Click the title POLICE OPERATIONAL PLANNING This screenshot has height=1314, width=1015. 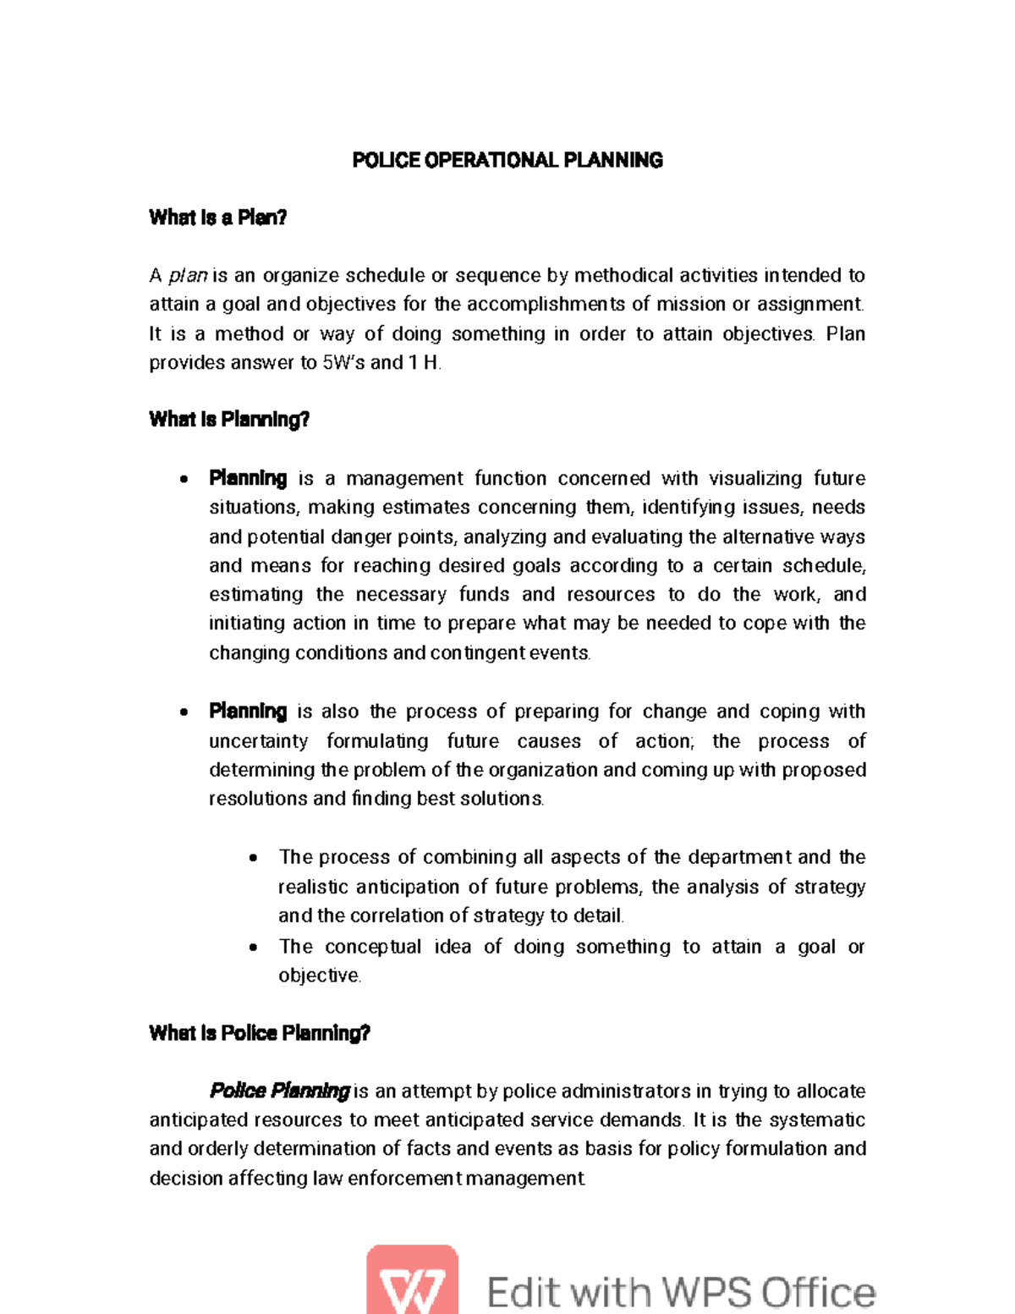[x=507, y=160]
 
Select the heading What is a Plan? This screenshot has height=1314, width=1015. [x=217, y=217]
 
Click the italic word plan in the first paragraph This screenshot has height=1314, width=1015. [x=188, y=276]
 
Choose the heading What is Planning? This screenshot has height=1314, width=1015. [x=228, y=420]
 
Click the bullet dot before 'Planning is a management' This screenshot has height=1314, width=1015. [x=184, y=480]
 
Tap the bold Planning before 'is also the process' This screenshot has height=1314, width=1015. [x=248, y=712]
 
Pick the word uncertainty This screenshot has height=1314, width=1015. [x=258, y=741]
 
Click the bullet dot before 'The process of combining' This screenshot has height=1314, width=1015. [x=253, y=859]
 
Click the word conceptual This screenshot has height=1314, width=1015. [x=373, y=947]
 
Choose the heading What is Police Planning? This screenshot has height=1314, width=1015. [x=259, y=1033]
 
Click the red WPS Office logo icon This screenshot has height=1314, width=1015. [x=412, y=1280]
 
